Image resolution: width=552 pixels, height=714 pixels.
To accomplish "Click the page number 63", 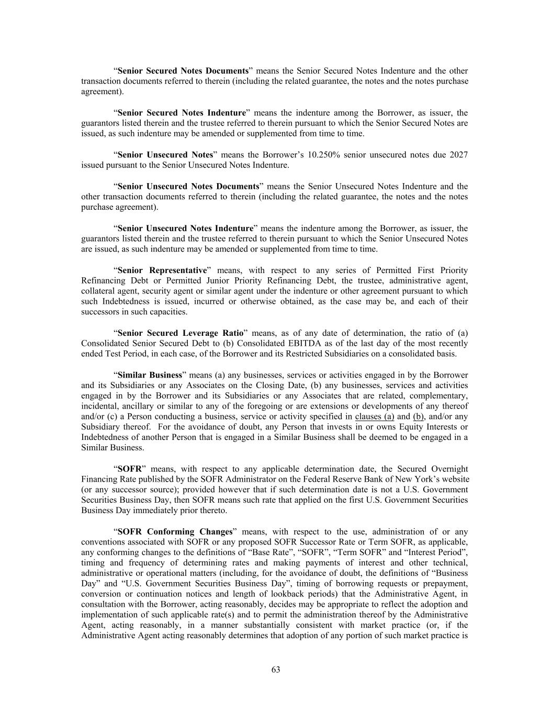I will [x=276, y=670].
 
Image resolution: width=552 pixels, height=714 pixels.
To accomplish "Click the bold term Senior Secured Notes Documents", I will [x=183, y=71].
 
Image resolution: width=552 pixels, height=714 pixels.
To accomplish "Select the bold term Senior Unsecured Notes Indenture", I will [x=185, y=228].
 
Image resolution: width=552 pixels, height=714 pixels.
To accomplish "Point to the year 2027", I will [x=458, y=155].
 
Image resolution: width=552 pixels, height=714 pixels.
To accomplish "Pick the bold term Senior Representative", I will [x=162, y=270].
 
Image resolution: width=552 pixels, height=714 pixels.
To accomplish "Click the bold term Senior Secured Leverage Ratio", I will [x=181, y=333].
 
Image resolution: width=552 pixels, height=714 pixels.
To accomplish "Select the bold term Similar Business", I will [x=150, y=375].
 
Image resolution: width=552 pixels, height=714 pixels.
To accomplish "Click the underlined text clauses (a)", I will [x=374, y=416].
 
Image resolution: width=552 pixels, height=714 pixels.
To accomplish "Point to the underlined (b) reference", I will [x=418, y=416].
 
